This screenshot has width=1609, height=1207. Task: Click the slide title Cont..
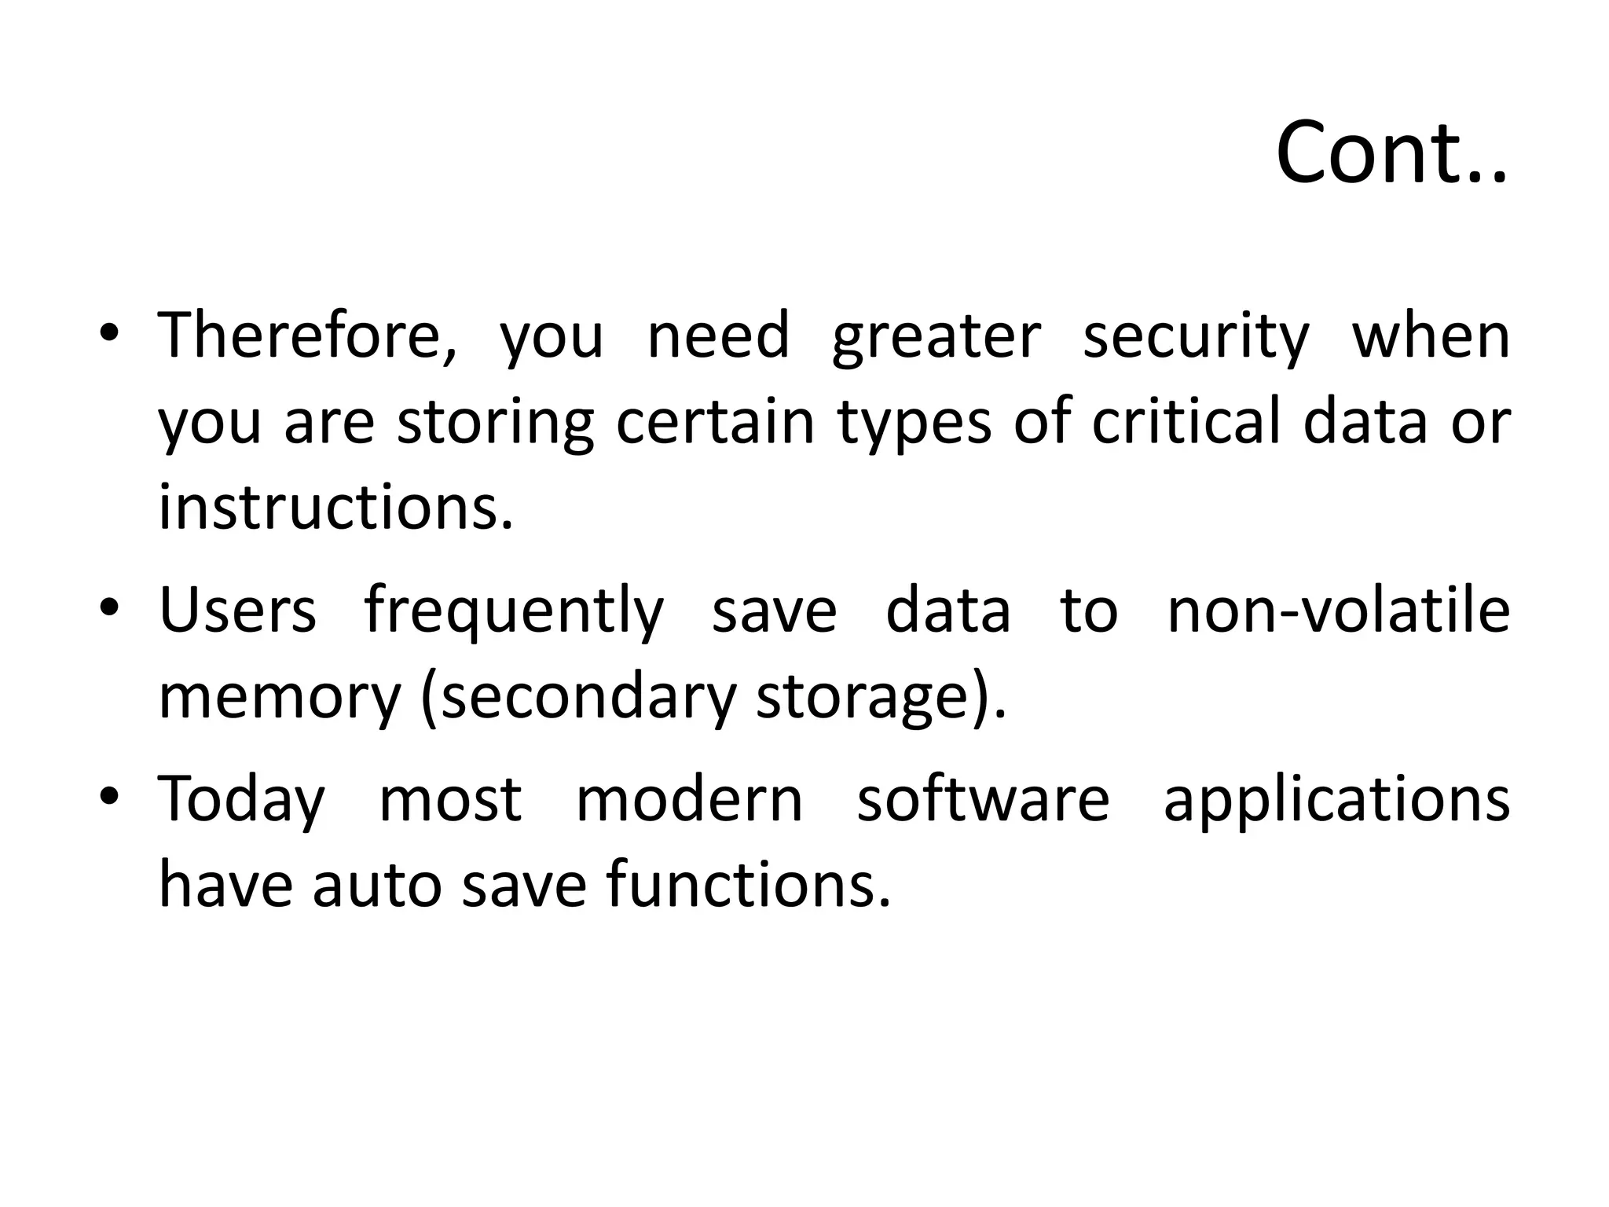[x=1391, y=153]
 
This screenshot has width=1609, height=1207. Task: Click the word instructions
[x=335, y=507]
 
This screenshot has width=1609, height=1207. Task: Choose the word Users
[x=237, y=611]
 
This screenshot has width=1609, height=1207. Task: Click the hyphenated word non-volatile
[x=1338, y=611]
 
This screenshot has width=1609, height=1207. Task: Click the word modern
[x=689, y=799]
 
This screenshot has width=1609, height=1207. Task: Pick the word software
[x=983, y=799]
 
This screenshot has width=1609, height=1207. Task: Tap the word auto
[x=376, y=886]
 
